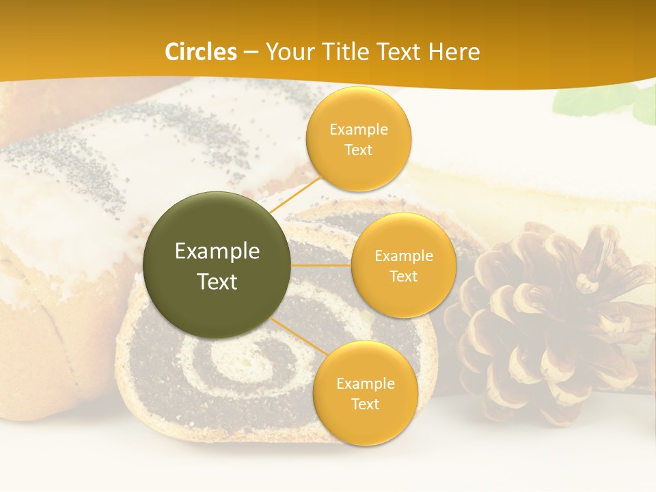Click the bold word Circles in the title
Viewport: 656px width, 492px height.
point(200,52)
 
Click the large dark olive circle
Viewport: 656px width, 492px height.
point(217,265)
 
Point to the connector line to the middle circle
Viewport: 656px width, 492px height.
point(320,264)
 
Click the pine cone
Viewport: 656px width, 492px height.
point(547,321)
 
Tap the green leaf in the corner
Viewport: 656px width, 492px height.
point(581,101)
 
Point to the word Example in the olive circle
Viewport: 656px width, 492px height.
point(217,251)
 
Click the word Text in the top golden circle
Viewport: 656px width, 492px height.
point(358,150)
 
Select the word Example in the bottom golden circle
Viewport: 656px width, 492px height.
point(365,384)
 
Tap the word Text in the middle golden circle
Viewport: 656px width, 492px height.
point(403,276)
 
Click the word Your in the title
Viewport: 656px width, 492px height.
point(287,52)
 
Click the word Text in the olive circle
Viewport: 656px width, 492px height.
point(217,282)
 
